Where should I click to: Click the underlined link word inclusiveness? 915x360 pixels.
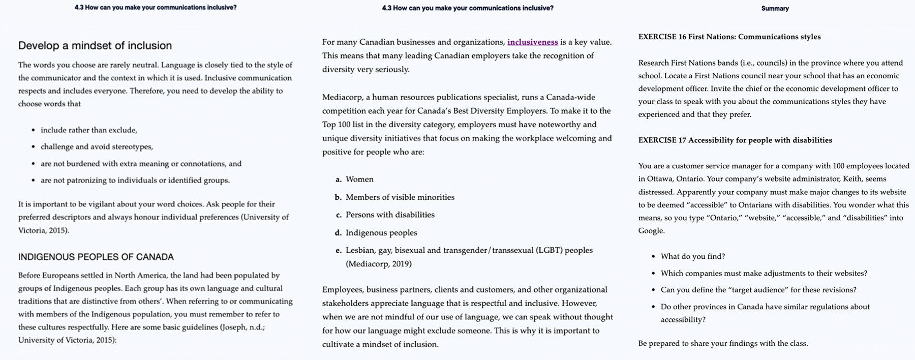click(532, 42)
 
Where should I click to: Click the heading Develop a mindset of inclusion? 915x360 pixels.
click(95, 46)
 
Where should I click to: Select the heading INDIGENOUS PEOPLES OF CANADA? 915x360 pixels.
click(96, 257)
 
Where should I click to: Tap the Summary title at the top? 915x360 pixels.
click(775, 9)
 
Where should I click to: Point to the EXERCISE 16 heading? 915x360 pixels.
click(729, 37)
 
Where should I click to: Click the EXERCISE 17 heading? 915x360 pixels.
click(735, 140)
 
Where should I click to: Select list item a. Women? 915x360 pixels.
click(359, 179)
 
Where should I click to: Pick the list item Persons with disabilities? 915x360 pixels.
click(390, 215)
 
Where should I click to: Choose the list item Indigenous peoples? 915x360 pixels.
click(381, 233)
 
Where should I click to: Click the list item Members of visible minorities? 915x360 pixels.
click(400, 197)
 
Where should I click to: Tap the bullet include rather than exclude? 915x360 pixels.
click(89, 130)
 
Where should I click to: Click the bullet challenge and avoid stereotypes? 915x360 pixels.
click(97, 147)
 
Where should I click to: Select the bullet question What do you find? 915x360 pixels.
click(693, 257)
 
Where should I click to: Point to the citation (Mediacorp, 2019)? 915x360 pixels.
click(379, 264)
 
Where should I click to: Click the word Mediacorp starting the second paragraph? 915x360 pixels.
click(342, 97)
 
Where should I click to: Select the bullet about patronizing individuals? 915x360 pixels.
click(135, 181)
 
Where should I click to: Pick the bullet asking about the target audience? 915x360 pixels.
click(758, 290)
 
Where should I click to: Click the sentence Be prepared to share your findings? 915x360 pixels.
click(723, 344)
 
